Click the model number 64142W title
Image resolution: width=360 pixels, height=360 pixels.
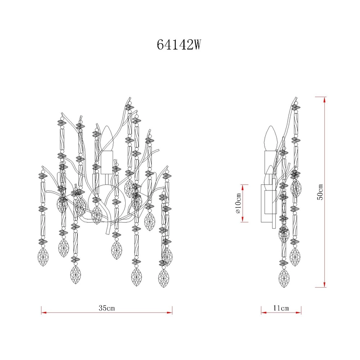pyautogui.click(x=179, y=45)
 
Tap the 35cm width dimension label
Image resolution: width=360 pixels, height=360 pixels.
pyautogui.click(x=107, y=308)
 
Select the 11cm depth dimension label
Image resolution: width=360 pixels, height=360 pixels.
pyautogui.click(x=281, y=308)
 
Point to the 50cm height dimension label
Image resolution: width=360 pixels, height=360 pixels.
pyautogui.click(x=320, y=192)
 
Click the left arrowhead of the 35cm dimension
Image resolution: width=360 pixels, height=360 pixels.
pyautogui.click(x=44, y=313)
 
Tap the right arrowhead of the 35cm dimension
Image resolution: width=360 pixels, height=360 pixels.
pyautogui.click(x=170, y=313)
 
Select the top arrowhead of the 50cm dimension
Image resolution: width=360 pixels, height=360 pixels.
pyautogui.click(x=324, y=100)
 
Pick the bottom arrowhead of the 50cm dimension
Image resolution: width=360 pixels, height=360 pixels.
pyautogui.click(x=324, y=284)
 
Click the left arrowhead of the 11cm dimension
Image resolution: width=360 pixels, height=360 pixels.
pyautogui.click(x=264, y=313)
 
